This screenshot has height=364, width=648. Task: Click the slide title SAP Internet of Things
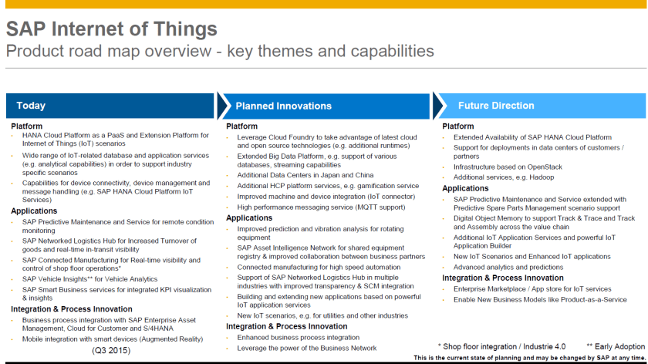tap(111, 29)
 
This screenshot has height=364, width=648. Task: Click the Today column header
tap(31, 106)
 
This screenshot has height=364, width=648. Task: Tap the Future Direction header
tap(495, 106)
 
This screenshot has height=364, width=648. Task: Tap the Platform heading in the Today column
tap(27, 126)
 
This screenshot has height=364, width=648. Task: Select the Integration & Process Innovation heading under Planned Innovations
tap(286, 326)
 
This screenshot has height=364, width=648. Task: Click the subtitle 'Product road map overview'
tap(219, 52)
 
